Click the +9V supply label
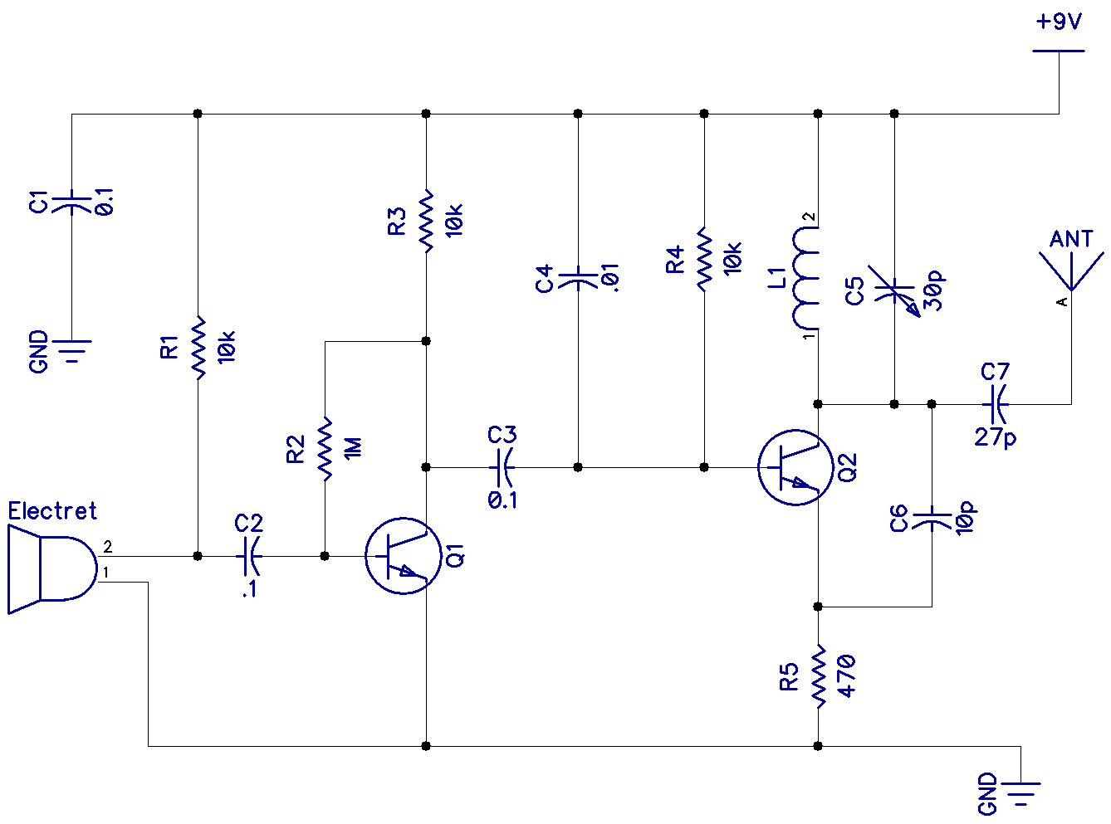click(x=1059, y=22)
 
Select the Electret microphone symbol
click(x=51, y=568)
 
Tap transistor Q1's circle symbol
click(x=403, y=556)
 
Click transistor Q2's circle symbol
click(x=795, y=467)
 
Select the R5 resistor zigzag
click(x=819, y=676)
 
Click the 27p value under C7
click(x=995, y=437)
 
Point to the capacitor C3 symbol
click(x=502, y=467)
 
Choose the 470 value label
click(x=846, y=675)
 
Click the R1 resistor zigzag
click(x=198, y=348)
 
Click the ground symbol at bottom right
click(x=1020, y=792)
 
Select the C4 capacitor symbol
click(x=578, y=279)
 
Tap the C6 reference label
click(x=899, y=519)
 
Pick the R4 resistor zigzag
click(x=704, y=260)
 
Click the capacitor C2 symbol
click(x=249, y=556)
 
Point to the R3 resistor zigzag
click(x=426, y=221)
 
